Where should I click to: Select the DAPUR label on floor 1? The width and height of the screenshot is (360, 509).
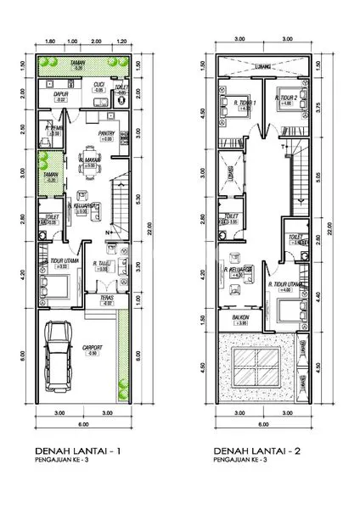(x=60, y=96)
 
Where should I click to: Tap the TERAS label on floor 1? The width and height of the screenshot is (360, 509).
(x=106, y=298)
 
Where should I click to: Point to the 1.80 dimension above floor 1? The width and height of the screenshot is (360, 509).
(x=50, y=40)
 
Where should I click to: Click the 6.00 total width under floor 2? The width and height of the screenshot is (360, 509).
(x=263, y=423)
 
